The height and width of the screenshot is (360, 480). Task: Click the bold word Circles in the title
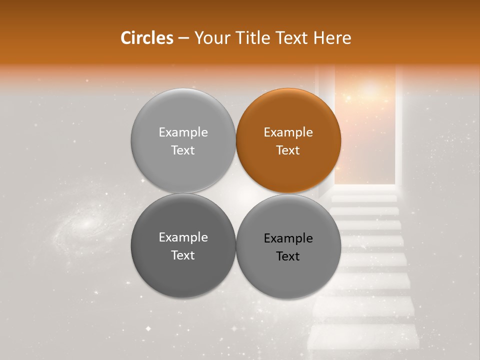146,38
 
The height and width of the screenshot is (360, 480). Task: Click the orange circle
288,140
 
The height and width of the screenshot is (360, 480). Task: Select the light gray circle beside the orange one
183,140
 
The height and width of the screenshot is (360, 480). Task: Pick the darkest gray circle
183,245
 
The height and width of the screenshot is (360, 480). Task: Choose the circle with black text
288,246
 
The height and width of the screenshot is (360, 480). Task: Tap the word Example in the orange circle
288,132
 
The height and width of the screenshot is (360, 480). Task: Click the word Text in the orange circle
288,150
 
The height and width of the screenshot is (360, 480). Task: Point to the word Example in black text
288,238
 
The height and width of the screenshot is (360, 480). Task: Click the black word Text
288,256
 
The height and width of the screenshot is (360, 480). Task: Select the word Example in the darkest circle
183,237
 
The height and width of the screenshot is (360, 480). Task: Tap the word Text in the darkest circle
183,255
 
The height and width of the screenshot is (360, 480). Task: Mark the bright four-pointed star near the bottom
148,328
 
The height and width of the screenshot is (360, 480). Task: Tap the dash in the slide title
183,38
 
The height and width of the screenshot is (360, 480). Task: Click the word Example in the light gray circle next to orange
183,132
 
